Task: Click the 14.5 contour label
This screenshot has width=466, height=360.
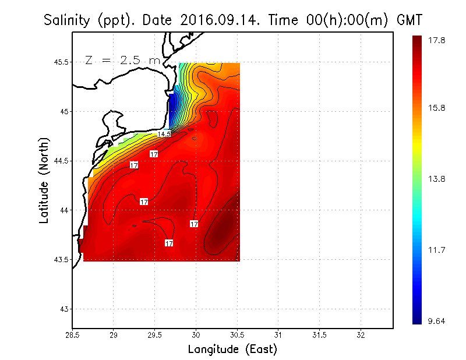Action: pyautogui.click(x=164, y=134)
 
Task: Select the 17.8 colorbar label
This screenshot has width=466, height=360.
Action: pyautogui.click(x=437, y=40)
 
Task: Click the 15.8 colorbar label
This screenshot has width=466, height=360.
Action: pyautogui.click(x=437, y=108)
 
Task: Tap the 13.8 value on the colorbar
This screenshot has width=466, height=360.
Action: pyautogui.click(x=437, y=179)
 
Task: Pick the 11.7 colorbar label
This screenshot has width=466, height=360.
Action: pyautogui.click(x=437, y=250)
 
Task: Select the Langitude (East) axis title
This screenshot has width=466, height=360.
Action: pyautogui.click(x=232, y=350)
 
